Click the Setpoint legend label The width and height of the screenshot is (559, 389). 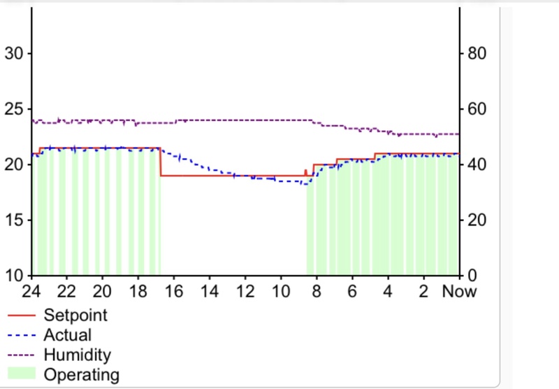(75, 316)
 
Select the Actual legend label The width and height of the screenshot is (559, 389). (67, 335)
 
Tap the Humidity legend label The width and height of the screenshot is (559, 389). (77, 355)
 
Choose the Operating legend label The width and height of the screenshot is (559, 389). (81, 374)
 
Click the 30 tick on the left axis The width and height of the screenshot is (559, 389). (15, 53)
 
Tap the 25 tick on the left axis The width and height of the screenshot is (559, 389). (15, 108)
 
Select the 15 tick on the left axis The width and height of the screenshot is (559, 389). (15, 220)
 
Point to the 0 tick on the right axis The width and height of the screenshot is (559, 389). (470, 275)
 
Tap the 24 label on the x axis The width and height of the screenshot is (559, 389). (31, 291)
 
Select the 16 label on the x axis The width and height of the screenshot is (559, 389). (173, 291)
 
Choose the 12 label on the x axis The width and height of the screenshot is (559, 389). (245, 291)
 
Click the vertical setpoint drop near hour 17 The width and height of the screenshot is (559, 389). (161, 162)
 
